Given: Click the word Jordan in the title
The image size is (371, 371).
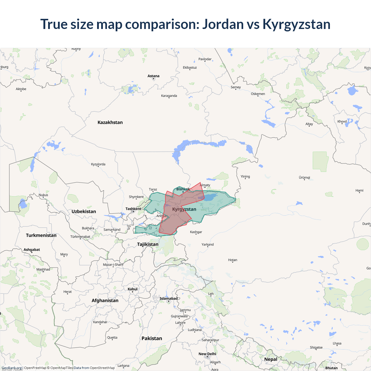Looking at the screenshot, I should coord(223,24).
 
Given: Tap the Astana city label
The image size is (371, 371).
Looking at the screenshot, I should coord(153,76).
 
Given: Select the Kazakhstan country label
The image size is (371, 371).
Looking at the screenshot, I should coord(110,122).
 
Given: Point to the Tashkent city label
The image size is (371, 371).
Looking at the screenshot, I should coord(133,209).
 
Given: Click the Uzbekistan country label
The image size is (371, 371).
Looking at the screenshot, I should coord(84,212).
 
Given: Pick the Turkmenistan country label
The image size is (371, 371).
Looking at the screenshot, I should coord(41,235).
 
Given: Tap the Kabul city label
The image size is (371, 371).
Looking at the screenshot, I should coord(132,289).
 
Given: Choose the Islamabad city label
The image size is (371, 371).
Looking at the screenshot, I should coord(168,299).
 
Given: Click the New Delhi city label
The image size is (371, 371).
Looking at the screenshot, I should coord(207,354).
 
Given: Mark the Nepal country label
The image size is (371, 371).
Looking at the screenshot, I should coord(271,359).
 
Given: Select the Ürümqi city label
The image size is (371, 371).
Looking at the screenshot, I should coord(304,177).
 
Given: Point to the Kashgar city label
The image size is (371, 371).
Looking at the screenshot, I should coord(196,232).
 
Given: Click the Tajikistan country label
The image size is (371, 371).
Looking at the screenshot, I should coord(148,244).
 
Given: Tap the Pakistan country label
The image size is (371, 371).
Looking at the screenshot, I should coord(152,339).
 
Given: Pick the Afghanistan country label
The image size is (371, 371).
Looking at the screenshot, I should coord(105,301).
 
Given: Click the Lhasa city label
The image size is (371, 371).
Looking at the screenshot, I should coord(337,343).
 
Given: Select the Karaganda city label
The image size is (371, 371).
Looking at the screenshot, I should coord(169,96).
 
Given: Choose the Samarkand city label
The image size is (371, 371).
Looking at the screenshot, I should coord(112,230).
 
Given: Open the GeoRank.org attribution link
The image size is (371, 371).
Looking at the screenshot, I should coord(12,368).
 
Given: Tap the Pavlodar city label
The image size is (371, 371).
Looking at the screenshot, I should coord(205,59).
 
